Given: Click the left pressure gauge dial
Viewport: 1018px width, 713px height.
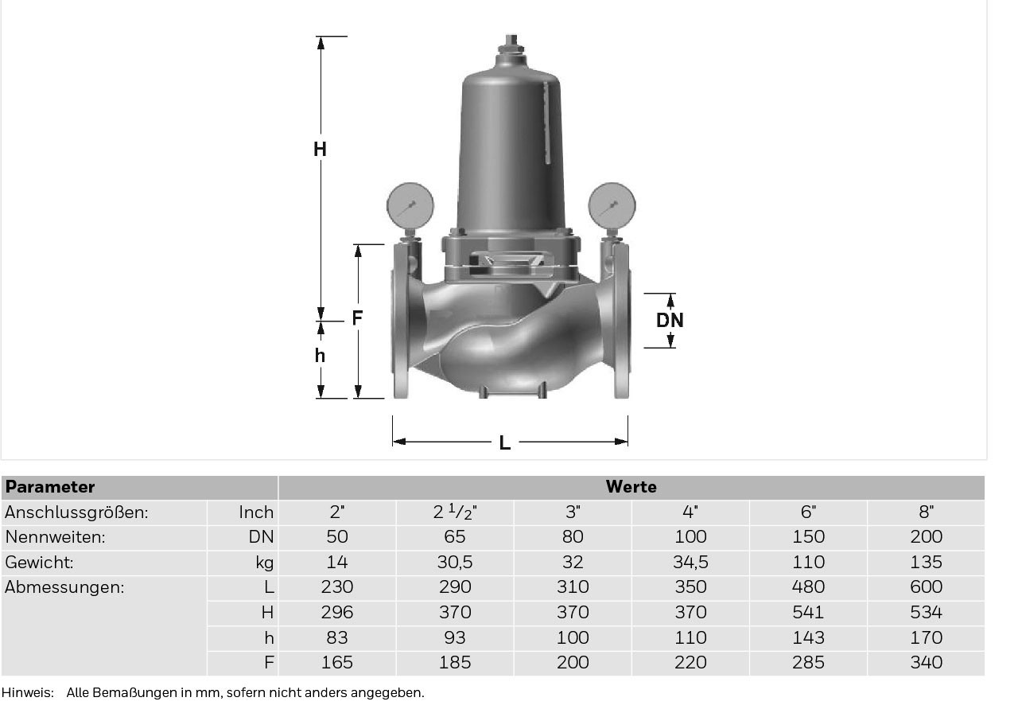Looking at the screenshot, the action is click(x=410, y=205).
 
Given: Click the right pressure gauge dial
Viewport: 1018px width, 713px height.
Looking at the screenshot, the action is click(x=612, y=205).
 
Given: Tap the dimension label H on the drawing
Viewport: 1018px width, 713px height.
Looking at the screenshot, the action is click(x=320, y=149).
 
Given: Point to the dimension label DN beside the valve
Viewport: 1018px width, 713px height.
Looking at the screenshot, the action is click(x=670, y=320).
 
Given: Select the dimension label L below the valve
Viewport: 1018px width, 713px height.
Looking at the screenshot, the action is click(x=504, y=442).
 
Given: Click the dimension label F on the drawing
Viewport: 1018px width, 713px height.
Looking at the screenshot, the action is click(x=357, y=318).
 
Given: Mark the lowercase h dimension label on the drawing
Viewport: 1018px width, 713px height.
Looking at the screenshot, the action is click(x=320, y=355).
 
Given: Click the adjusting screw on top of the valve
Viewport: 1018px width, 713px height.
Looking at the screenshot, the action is click(x=511, y=45).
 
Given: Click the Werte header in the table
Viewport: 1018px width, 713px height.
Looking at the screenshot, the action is click(x=631, y=487).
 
